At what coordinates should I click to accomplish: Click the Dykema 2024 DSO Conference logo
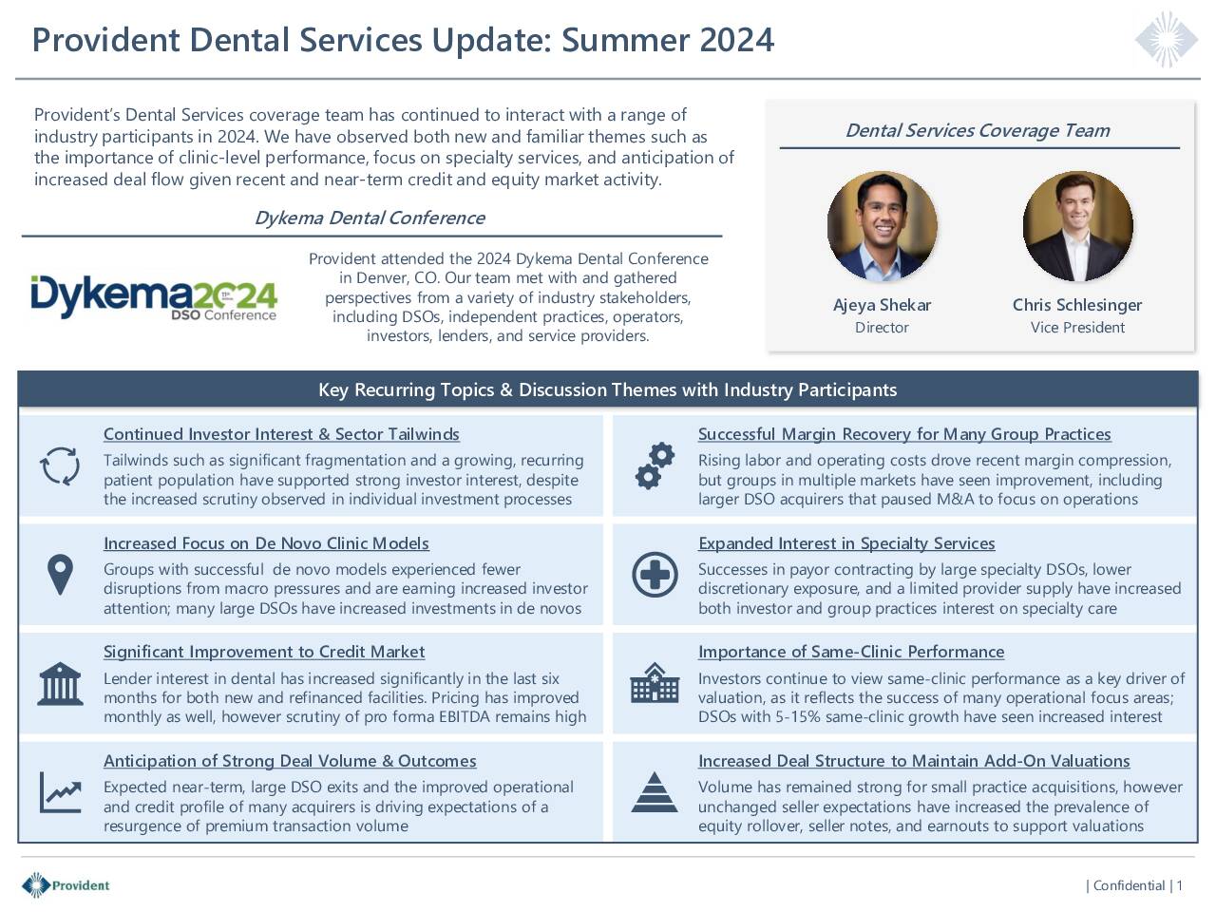(154, 298)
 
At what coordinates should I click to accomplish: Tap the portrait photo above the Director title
(882, 226)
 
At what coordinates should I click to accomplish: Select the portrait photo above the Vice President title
(1077, 226)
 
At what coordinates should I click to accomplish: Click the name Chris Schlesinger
(1077, 305)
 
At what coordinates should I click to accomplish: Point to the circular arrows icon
(60, 466)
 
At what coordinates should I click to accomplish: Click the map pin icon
(61, 575)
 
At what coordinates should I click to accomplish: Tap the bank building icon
(61, 684)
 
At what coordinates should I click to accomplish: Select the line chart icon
(61, 792)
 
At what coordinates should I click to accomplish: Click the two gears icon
(655, 466)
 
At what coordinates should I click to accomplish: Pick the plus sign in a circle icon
(655, 575)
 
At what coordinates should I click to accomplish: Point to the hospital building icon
(655, 683)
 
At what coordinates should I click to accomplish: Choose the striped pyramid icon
(655, 792)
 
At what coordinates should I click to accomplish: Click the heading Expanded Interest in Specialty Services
(846, 543)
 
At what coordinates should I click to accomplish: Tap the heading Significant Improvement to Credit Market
(264, 652)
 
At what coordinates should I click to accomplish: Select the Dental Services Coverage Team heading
(978, 130)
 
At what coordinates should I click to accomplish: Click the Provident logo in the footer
(66, 884)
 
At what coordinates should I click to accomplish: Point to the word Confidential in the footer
(1129, 885)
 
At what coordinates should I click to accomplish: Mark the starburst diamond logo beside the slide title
(1167, 40)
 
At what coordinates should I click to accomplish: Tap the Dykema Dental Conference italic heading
(370, 218)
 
